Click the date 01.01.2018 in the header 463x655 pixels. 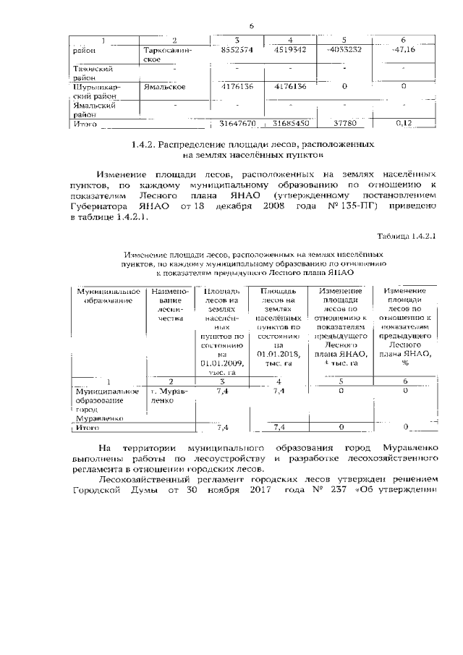coord(278,353)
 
